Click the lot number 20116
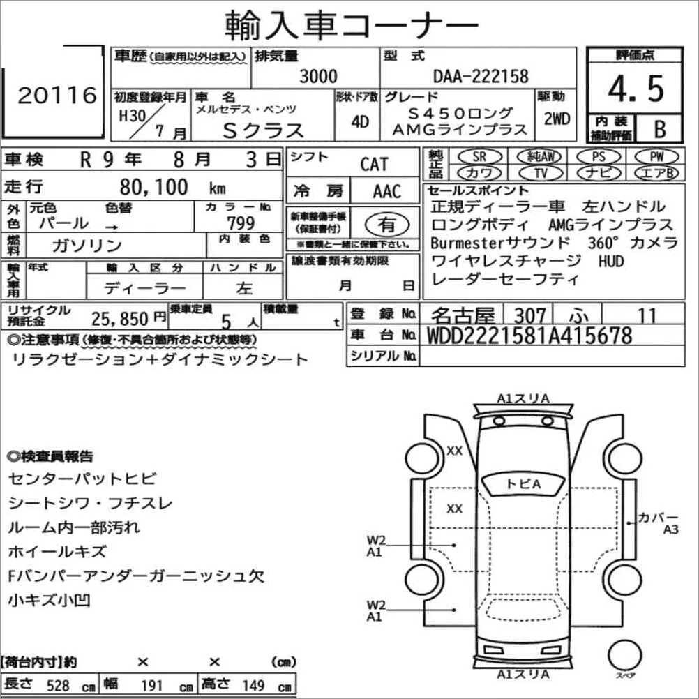[x=57, y=95]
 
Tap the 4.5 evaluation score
[x=636, y=89]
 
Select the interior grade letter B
[x=660, y=129]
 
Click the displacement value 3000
[x=318, y=76]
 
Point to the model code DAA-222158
[x=481, y=77]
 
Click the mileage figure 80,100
[x=153, y=187]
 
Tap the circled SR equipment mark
[x=480, y=156]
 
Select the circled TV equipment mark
[x=541, y=173]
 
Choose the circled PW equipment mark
[x=656, y=156]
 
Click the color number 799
[x=241, y=223]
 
